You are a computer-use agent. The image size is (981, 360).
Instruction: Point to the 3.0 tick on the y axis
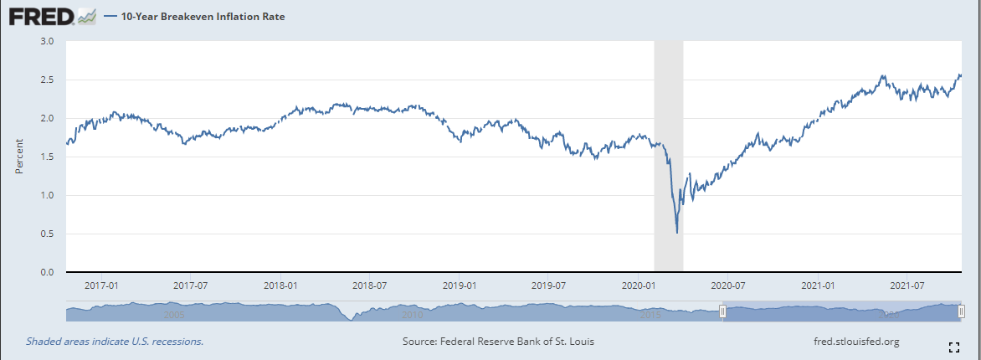(47, 41)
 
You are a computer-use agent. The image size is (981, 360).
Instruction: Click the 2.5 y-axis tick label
(47, 80)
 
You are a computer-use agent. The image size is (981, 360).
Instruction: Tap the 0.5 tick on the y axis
(47, 234)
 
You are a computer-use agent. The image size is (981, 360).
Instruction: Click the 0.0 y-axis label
(47, 273)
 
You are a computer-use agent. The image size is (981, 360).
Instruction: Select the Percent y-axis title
(18, 157)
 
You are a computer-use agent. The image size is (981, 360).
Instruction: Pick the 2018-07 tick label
(369, 285)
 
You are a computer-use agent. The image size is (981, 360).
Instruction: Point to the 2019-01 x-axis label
(460, 285)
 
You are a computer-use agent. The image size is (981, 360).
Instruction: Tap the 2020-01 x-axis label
(638, 285)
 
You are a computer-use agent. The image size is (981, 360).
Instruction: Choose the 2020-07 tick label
(727, 285)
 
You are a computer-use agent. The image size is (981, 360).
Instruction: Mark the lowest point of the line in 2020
(676, 233)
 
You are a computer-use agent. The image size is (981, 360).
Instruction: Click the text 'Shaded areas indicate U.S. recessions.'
(115, 342)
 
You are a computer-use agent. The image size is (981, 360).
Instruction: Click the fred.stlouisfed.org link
(855, 342)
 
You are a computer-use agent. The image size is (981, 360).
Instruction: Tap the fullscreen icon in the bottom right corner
(953, 347)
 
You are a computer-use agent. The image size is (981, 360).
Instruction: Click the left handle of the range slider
(722, 311)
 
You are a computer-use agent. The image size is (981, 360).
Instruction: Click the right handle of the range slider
(961, 311)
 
